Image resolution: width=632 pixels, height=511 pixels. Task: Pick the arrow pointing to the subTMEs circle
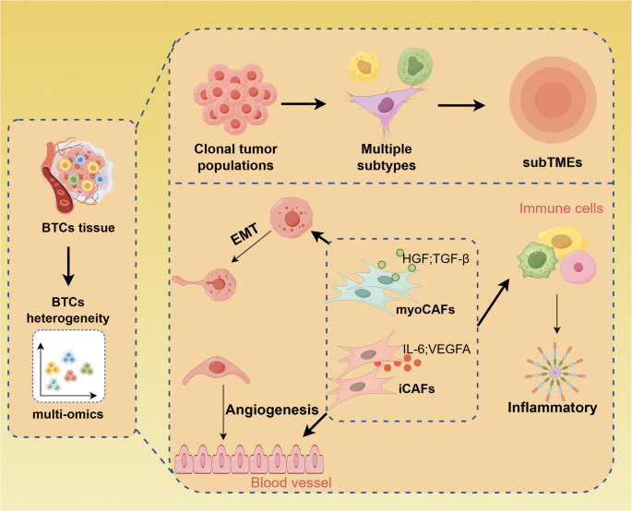pos(460,103)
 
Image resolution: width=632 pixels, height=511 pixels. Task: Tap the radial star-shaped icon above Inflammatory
pos(558,362)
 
